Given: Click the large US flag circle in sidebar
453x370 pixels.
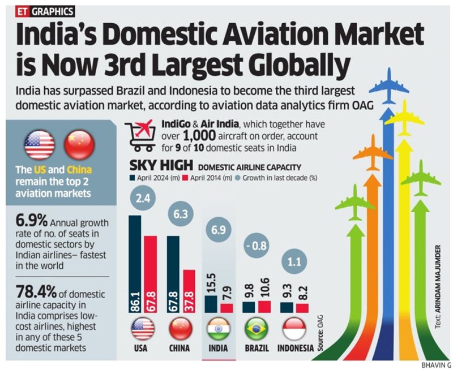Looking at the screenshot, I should click(40, 144).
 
